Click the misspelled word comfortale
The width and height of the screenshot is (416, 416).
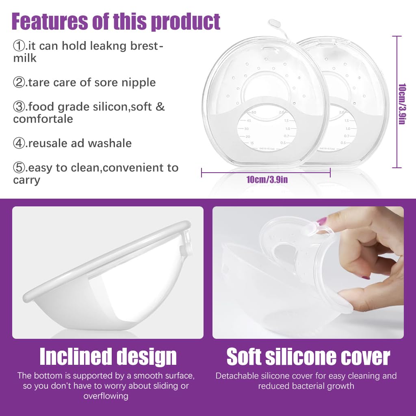(x=43, y=119)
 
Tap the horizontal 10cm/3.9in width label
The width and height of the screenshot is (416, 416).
(x=266, y=179)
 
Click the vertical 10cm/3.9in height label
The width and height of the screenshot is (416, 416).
(x=401, y=104)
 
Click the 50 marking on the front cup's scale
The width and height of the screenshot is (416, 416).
(x=254, y=112)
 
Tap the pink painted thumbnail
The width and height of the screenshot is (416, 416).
(x=322, y=221)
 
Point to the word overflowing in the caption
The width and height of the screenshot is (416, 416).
(x=106, y=396)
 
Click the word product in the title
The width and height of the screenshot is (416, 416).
(x=185, y=21)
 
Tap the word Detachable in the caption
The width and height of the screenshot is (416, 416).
(x=236, y=376)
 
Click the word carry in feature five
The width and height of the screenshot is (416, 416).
(x=26, y=180)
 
